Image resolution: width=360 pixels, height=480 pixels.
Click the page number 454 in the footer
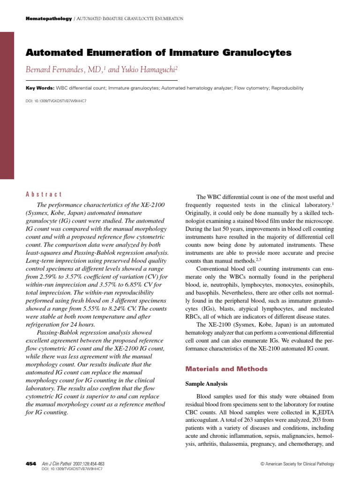click(30, 464)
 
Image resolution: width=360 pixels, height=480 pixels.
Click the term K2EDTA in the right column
click(320, 412)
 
